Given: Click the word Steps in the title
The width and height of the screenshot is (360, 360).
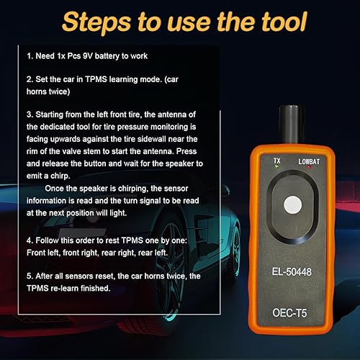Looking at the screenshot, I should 93,22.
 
